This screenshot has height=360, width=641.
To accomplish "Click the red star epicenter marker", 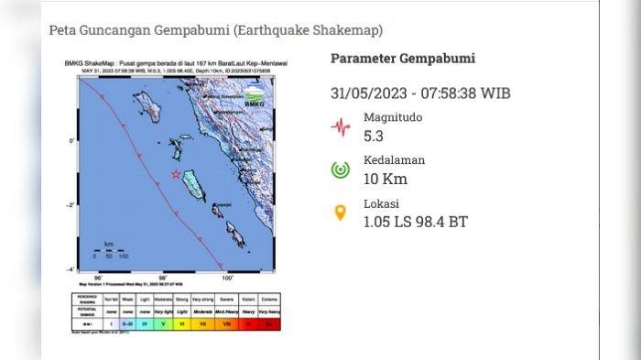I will (x=175, y=173).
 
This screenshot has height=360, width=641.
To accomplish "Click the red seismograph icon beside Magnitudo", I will (x=341, y=126).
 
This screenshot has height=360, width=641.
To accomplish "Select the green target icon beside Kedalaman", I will (x=341, y=169).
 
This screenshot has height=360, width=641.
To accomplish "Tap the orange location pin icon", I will (x=341, y=213).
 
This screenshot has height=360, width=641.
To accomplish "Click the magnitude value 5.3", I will (x=374, y=136).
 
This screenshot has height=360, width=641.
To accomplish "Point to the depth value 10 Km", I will (x=386, y=179).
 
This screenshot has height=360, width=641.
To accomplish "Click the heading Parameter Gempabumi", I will (x=403, y=59).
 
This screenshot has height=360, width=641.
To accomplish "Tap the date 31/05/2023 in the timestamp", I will (x=369, y=93).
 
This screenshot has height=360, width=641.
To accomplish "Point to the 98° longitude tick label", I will (x=163, y=277).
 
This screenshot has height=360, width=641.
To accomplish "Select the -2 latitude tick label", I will (x=72, y=205).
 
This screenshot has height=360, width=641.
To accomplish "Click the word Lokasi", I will (x=381, y=203).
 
